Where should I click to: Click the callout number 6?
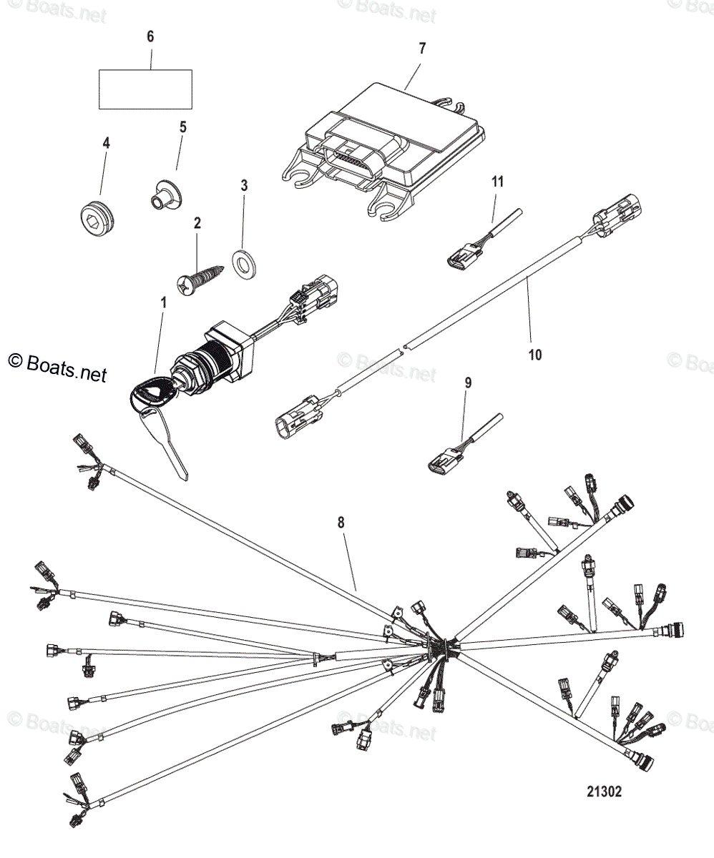tap(150, 36)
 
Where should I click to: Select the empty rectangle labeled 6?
tap(145, 89)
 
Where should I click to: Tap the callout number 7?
tap(422, 49)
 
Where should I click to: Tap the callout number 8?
tap(341, 523)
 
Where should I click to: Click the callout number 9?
tap(468, 383)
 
